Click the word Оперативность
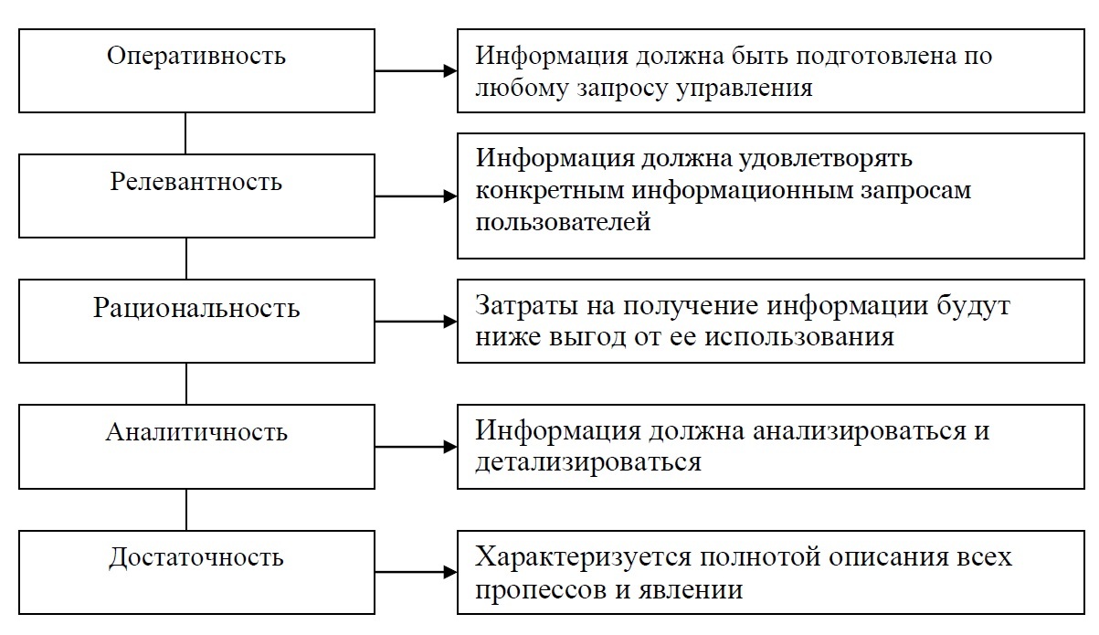(x=196, y=56)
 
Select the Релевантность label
(x=196, y=181)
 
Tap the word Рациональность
(x=196, y=307)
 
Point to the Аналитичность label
(x=196, y=431)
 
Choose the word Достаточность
(x=196, y=557)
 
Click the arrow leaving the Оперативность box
(x=416, y=70)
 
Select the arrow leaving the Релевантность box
(x=416, y=196)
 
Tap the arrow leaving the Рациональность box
(x=416, y=322)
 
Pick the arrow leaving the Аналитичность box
(x=416, y=447)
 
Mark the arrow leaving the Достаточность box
(x=416, y=573)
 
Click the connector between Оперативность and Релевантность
(x=186, y=133)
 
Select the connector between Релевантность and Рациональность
(x=186, y=259)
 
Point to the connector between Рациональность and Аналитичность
(x=186, y=384)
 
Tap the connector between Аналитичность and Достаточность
(x=186, y=510)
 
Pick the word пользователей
(x=563, y=222)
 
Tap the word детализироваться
(x=588, y=461)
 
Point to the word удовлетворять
(x=822, y=158)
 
